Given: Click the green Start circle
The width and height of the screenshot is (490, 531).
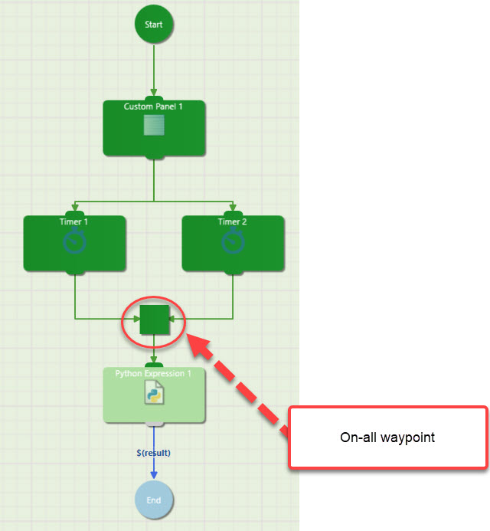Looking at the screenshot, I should tap(154, 24).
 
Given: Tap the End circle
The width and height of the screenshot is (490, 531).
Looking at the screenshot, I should tap(154, 500).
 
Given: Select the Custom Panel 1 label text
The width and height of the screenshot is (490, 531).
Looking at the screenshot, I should tap(154, 107).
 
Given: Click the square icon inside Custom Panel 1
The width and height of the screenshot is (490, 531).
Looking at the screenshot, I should tap(154, 125).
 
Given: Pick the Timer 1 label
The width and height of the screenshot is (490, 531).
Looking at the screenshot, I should tap(74, 221).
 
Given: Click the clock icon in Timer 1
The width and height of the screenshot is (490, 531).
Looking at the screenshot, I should tap(74, 242).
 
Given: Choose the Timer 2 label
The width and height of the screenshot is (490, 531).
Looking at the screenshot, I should tap(233, 221).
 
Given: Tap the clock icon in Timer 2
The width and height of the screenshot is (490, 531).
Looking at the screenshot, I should tap(233, 242).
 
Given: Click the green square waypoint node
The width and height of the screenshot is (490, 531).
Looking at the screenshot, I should tap(154, 318).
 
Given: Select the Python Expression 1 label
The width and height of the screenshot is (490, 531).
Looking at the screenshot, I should tap(154, 373).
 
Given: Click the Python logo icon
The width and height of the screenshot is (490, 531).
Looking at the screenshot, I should tap(154, 394).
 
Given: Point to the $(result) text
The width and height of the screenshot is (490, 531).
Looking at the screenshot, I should tap(154, 453).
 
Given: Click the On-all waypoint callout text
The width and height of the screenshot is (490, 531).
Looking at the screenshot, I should tap(387, 438).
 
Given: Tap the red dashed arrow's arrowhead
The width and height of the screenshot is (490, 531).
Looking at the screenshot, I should tap(201, 345).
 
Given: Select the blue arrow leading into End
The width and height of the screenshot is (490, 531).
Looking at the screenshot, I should tap(154, 469).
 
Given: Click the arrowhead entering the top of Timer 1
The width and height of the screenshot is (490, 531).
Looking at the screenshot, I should tap(74, 205).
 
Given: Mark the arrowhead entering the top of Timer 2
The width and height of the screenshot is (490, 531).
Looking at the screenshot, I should tap(233, 205).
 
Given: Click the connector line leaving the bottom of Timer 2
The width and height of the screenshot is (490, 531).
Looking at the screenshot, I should tap(233, 295).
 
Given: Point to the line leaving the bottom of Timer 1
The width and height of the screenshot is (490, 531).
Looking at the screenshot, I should tap(74, 295).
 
